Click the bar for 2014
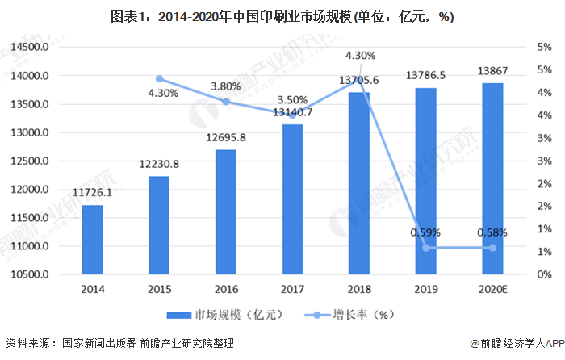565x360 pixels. [x=92, y=240]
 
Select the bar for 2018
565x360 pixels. [x=359, y=183]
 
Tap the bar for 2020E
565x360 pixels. [x=492, y=178]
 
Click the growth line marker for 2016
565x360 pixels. [x=226, y=102]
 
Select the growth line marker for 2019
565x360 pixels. [x=426, y=248]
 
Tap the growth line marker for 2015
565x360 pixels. [x=159, y=79]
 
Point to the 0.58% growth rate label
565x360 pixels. [x=492, y=232]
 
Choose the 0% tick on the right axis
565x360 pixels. [x=534, y=274]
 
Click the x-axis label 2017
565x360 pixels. [x=292, y=287]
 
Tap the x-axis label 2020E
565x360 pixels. [x=492, y=287]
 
